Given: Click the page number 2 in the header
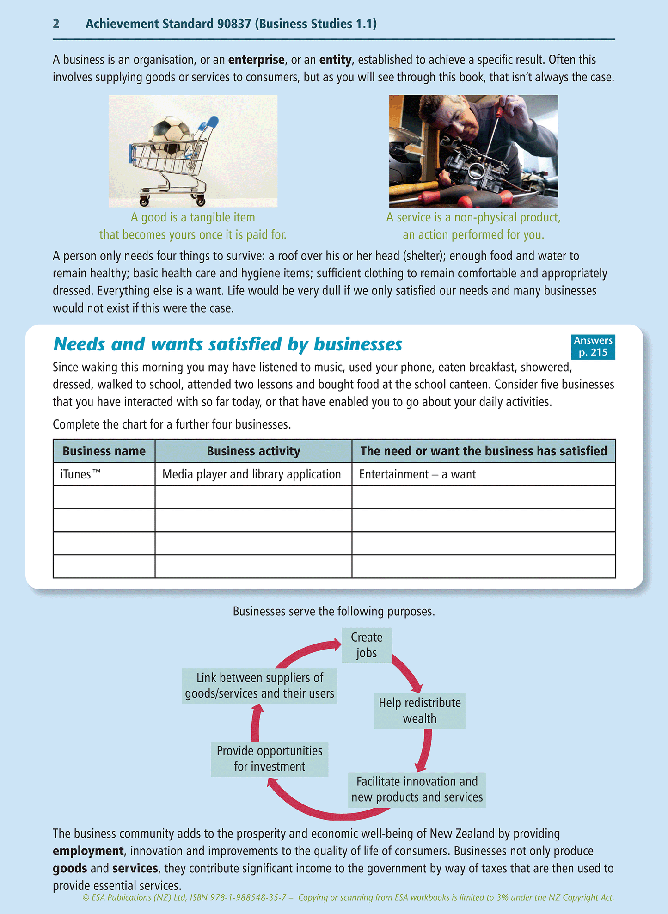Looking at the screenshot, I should click(x=56, y=24).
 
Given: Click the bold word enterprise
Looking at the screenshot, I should click(x=256, y=60).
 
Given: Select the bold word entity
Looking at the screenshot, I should click(x=335, y=60).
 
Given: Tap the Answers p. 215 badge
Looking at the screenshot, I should click(x=593, y=346).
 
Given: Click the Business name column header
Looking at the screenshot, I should click(x=104, y=451).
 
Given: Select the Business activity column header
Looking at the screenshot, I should click(x=253, y=451).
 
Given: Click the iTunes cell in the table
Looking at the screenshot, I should click(x=104, y=474).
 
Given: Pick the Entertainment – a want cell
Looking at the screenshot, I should click(x=483, y=474).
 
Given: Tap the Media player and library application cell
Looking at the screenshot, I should click(x=253, y=474).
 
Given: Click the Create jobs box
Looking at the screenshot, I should click(x=367, y=645).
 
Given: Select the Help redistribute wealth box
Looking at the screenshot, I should click(x=419, y=711).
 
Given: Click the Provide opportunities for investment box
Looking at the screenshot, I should click(x=270, y=759).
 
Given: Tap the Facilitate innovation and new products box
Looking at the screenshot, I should click(x=417, y=790).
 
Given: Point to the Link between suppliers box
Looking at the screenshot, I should click(x=259, y=686).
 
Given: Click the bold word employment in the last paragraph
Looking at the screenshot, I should click(x=88, y=851).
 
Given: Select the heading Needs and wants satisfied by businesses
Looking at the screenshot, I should click(x=227, y=344).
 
